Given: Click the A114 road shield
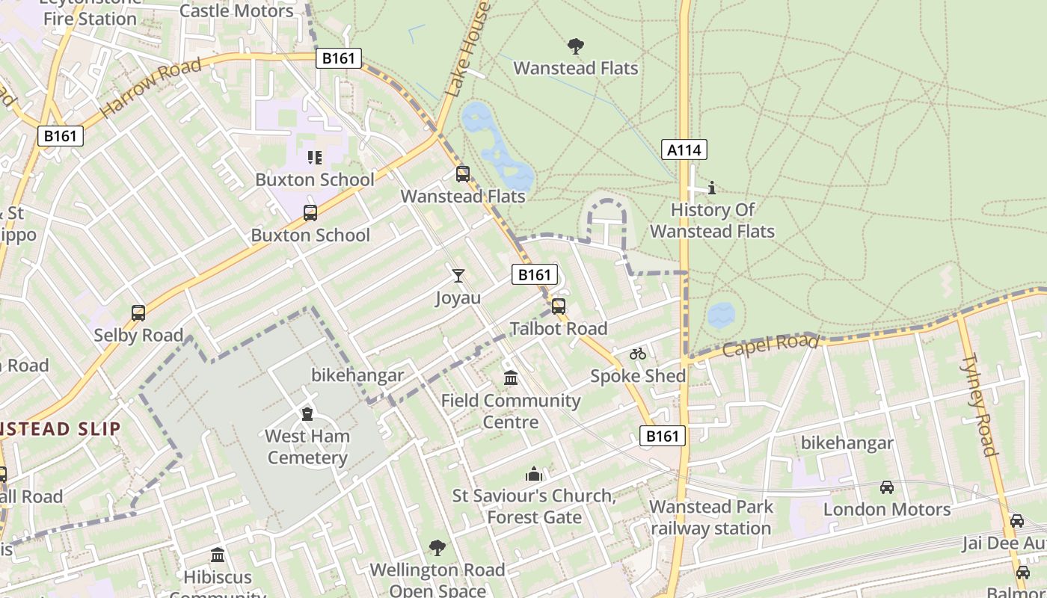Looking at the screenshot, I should point(684,149).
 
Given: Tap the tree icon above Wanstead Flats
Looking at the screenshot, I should point(575,47).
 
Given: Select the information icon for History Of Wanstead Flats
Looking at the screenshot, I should point(711,187).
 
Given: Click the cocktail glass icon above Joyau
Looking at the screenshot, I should point(458,276).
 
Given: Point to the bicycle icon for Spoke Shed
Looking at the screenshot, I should point(638,354).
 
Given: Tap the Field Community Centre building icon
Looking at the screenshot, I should point(511,378).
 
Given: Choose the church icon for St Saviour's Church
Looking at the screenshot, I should point(533,474).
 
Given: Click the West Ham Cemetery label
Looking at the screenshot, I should point(307,447).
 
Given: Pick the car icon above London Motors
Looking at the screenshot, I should point(886,487).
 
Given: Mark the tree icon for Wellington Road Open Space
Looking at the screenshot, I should point(437,548).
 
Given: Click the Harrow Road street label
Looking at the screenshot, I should point(150,87).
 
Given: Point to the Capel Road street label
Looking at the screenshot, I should point(770,345).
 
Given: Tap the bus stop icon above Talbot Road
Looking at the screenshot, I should point(558,306).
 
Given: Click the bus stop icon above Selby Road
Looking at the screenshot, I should point(138,313).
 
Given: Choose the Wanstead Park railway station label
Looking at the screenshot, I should point(710,517).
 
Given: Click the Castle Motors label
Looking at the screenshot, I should point(236,10).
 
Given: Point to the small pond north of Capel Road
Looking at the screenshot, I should point(721,315).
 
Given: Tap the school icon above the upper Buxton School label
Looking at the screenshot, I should point(315,157).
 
